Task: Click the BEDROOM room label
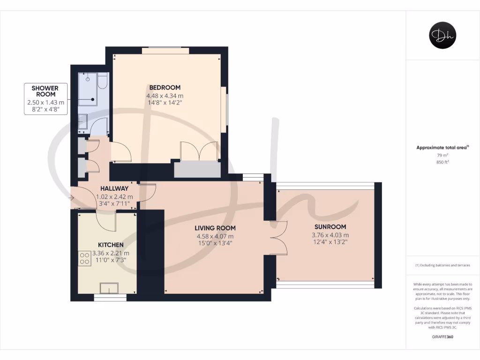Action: [x=165, y=88]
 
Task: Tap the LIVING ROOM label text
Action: [x=215, y=228]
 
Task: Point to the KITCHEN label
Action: [x=111, y=245]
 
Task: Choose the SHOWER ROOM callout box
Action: [x=45, y=99]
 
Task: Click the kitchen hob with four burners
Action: [x=85, y=258]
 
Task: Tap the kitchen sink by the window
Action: [x=110, y=288]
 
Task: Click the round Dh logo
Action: [x=442, y=36]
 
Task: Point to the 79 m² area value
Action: [x=442, y=155]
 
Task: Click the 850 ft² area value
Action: [x=442, y=162]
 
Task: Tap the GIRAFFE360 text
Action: [x=442, y=337]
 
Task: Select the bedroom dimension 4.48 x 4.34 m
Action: [x=165, y=96]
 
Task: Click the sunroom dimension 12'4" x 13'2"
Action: [x=330, y=242]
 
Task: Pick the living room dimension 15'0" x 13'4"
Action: [x=215, y=243]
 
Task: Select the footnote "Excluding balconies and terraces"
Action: [x=442, y=265]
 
